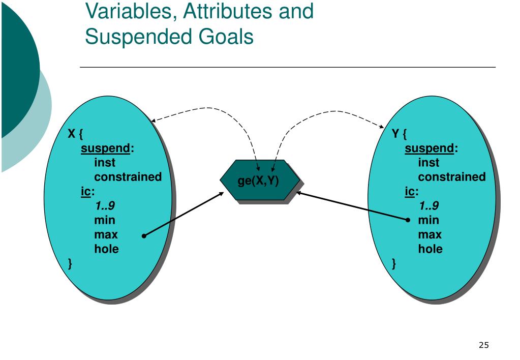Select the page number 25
pos(483,346)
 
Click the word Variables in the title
pos(129,11)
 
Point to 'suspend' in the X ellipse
pos(106,148)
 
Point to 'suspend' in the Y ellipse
pos(430,148)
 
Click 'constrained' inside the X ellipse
pos(128,177)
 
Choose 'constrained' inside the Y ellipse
pos(451,177)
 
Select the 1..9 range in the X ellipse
pos(105,206)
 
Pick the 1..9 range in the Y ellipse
pos(429,206)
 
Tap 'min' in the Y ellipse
pos(429,220)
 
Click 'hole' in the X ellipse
pos(106,249)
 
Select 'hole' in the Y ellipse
pos(430,249)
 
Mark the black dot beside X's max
pos(144,236)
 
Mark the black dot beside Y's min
pos(408,220)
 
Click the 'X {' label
pos(76,134)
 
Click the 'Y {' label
pos(399,134)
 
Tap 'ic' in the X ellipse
pos(86,192)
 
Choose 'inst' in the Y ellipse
pos(429,163)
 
